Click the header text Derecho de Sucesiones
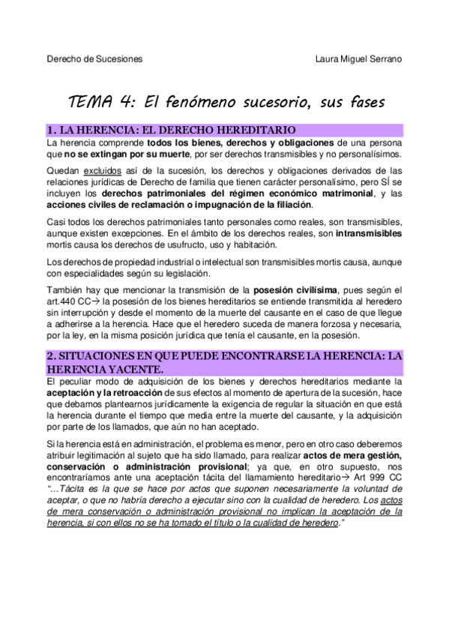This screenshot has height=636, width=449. pyautogui.click(x=94, y=58)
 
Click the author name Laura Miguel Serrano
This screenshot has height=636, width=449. pyautogui.click(x=358, y=58)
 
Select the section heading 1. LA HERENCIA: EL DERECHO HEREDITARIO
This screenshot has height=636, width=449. pyautogui.click(x=171, y=129)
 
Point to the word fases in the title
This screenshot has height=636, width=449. pyautogui.click(x=361, y=102)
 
